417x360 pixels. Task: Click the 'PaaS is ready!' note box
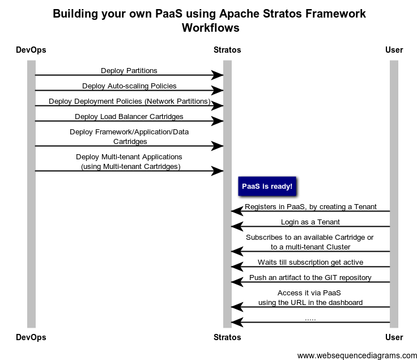(267, 187)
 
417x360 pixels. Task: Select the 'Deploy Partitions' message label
(129, 71)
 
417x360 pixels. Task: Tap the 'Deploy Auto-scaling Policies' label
(129, 86)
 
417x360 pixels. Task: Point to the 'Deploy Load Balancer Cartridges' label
(129, 117)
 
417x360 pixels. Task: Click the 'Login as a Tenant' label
(310, 222)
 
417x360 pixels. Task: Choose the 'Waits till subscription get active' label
(310, 262)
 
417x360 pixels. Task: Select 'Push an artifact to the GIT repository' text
(310, 278)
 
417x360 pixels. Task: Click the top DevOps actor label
(31, 50)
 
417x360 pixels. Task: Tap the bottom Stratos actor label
(227, 337)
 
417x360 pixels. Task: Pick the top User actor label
(394, 50)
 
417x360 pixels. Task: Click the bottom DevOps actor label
(31, 337)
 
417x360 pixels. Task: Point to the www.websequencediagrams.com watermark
(357, 355)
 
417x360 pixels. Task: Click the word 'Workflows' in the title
(210, 28)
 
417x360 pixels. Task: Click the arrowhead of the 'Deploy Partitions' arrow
(218, 75)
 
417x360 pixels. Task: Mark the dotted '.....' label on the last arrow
(310, 319)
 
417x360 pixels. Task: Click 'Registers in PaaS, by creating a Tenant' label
(310, 207)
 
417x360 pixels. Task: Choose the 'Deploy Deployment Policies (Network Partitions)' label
(129, 101)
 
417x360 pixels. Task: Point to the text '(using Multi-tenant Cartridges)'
(130, 167)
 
